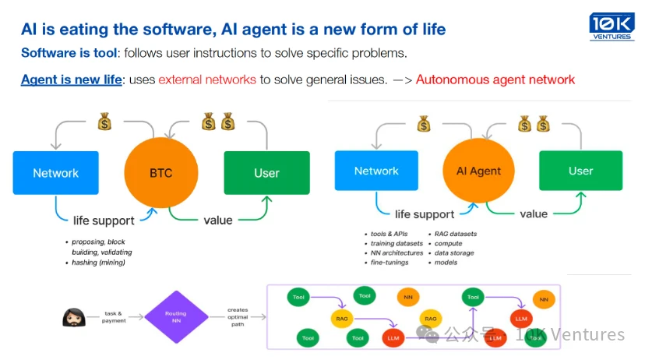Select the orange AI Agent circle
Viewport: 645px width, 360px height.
click(479, 171)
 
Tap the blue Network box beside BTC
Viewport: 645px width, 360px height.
click(56, 173)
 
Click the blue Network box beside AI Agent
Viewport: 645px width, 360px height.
click(376, 171)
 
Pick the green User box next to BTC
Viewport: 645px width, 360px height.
click(266, 173)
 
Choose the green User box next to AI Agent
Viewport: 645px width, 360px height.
click(580, 171)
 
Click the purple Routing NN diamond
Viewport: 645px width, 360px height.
click(175, 316)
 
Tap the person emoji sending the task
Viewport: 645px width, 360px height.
click(75, 317)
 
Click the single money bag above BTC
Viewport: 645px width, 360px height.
click(105, 122)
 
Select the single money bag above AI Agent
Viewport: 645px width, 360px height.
click(423, 123)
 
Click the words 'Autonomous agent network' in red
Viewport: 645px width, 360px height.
click(495, 79)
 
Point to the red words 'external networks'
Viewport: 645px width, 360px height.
click(206, 79)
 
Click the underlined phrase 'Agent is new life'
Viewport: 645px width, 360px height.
click(72, 79)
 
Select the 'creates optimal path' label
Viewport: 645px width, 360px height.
click(238, 317)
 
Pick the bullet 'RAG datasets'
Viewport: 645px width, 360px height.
click(455, 234)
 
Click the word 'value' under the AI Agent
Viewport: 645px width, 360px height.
click(533, 214)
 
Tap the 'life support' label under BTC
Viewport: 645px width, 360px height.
click(104, 221)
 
